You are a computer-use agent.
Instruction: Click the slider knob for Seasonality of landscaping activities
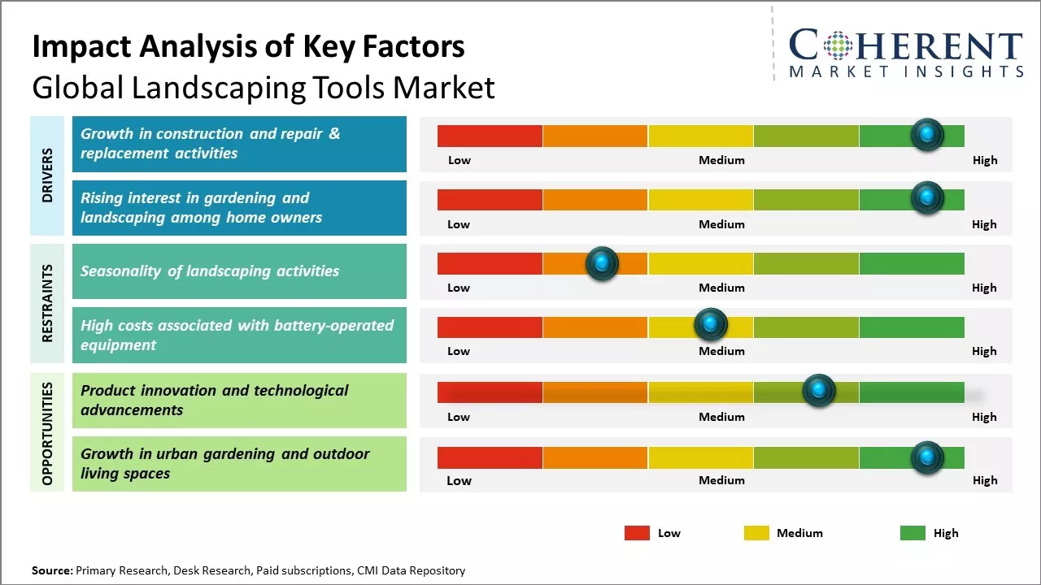(x=602, y=263)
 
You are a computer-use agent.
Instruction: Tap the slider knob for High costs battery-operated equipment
(x=710, y=325)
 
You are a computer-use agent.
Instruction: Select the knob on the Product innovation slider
(x=818, y=391)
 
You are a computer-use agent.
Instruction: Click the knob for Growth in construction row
(x=926, y=134)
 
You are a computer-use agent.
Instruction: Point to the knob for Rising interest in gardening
(x=926, y=197)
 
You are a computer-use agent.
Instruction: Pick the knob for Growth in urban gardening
(x=926, y=457)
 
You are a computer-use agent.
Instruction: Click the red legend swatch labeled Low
(x=637, y=533)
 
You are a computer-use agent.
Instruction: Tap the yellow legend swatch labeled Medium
(x=756, y=533)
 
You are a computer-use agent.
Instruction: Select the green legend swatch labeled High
(x=913, y=533)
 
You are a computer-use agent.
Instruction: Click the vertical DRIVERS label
(x=47, y=175)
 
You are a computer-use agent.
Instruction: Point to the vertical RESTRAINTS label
(x=47, y=303)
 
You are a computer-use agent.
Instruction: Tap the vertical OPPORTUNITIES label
(x=47, y=433)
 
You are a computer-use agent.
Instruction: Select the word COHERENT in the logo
(x=906, y=45)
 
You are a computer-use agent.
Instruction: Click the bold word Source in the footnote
(x=52, y=570)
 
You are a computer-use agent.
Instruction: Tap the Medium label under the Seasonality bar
(x=721, y=288)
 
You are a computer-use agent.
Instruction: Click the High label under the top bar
(x=984, y=160)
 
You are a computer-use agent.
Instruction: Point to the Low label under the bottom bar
(x=459, y=480)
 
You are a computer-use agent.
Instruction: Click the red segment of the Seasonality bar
(x=490, y=263)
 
